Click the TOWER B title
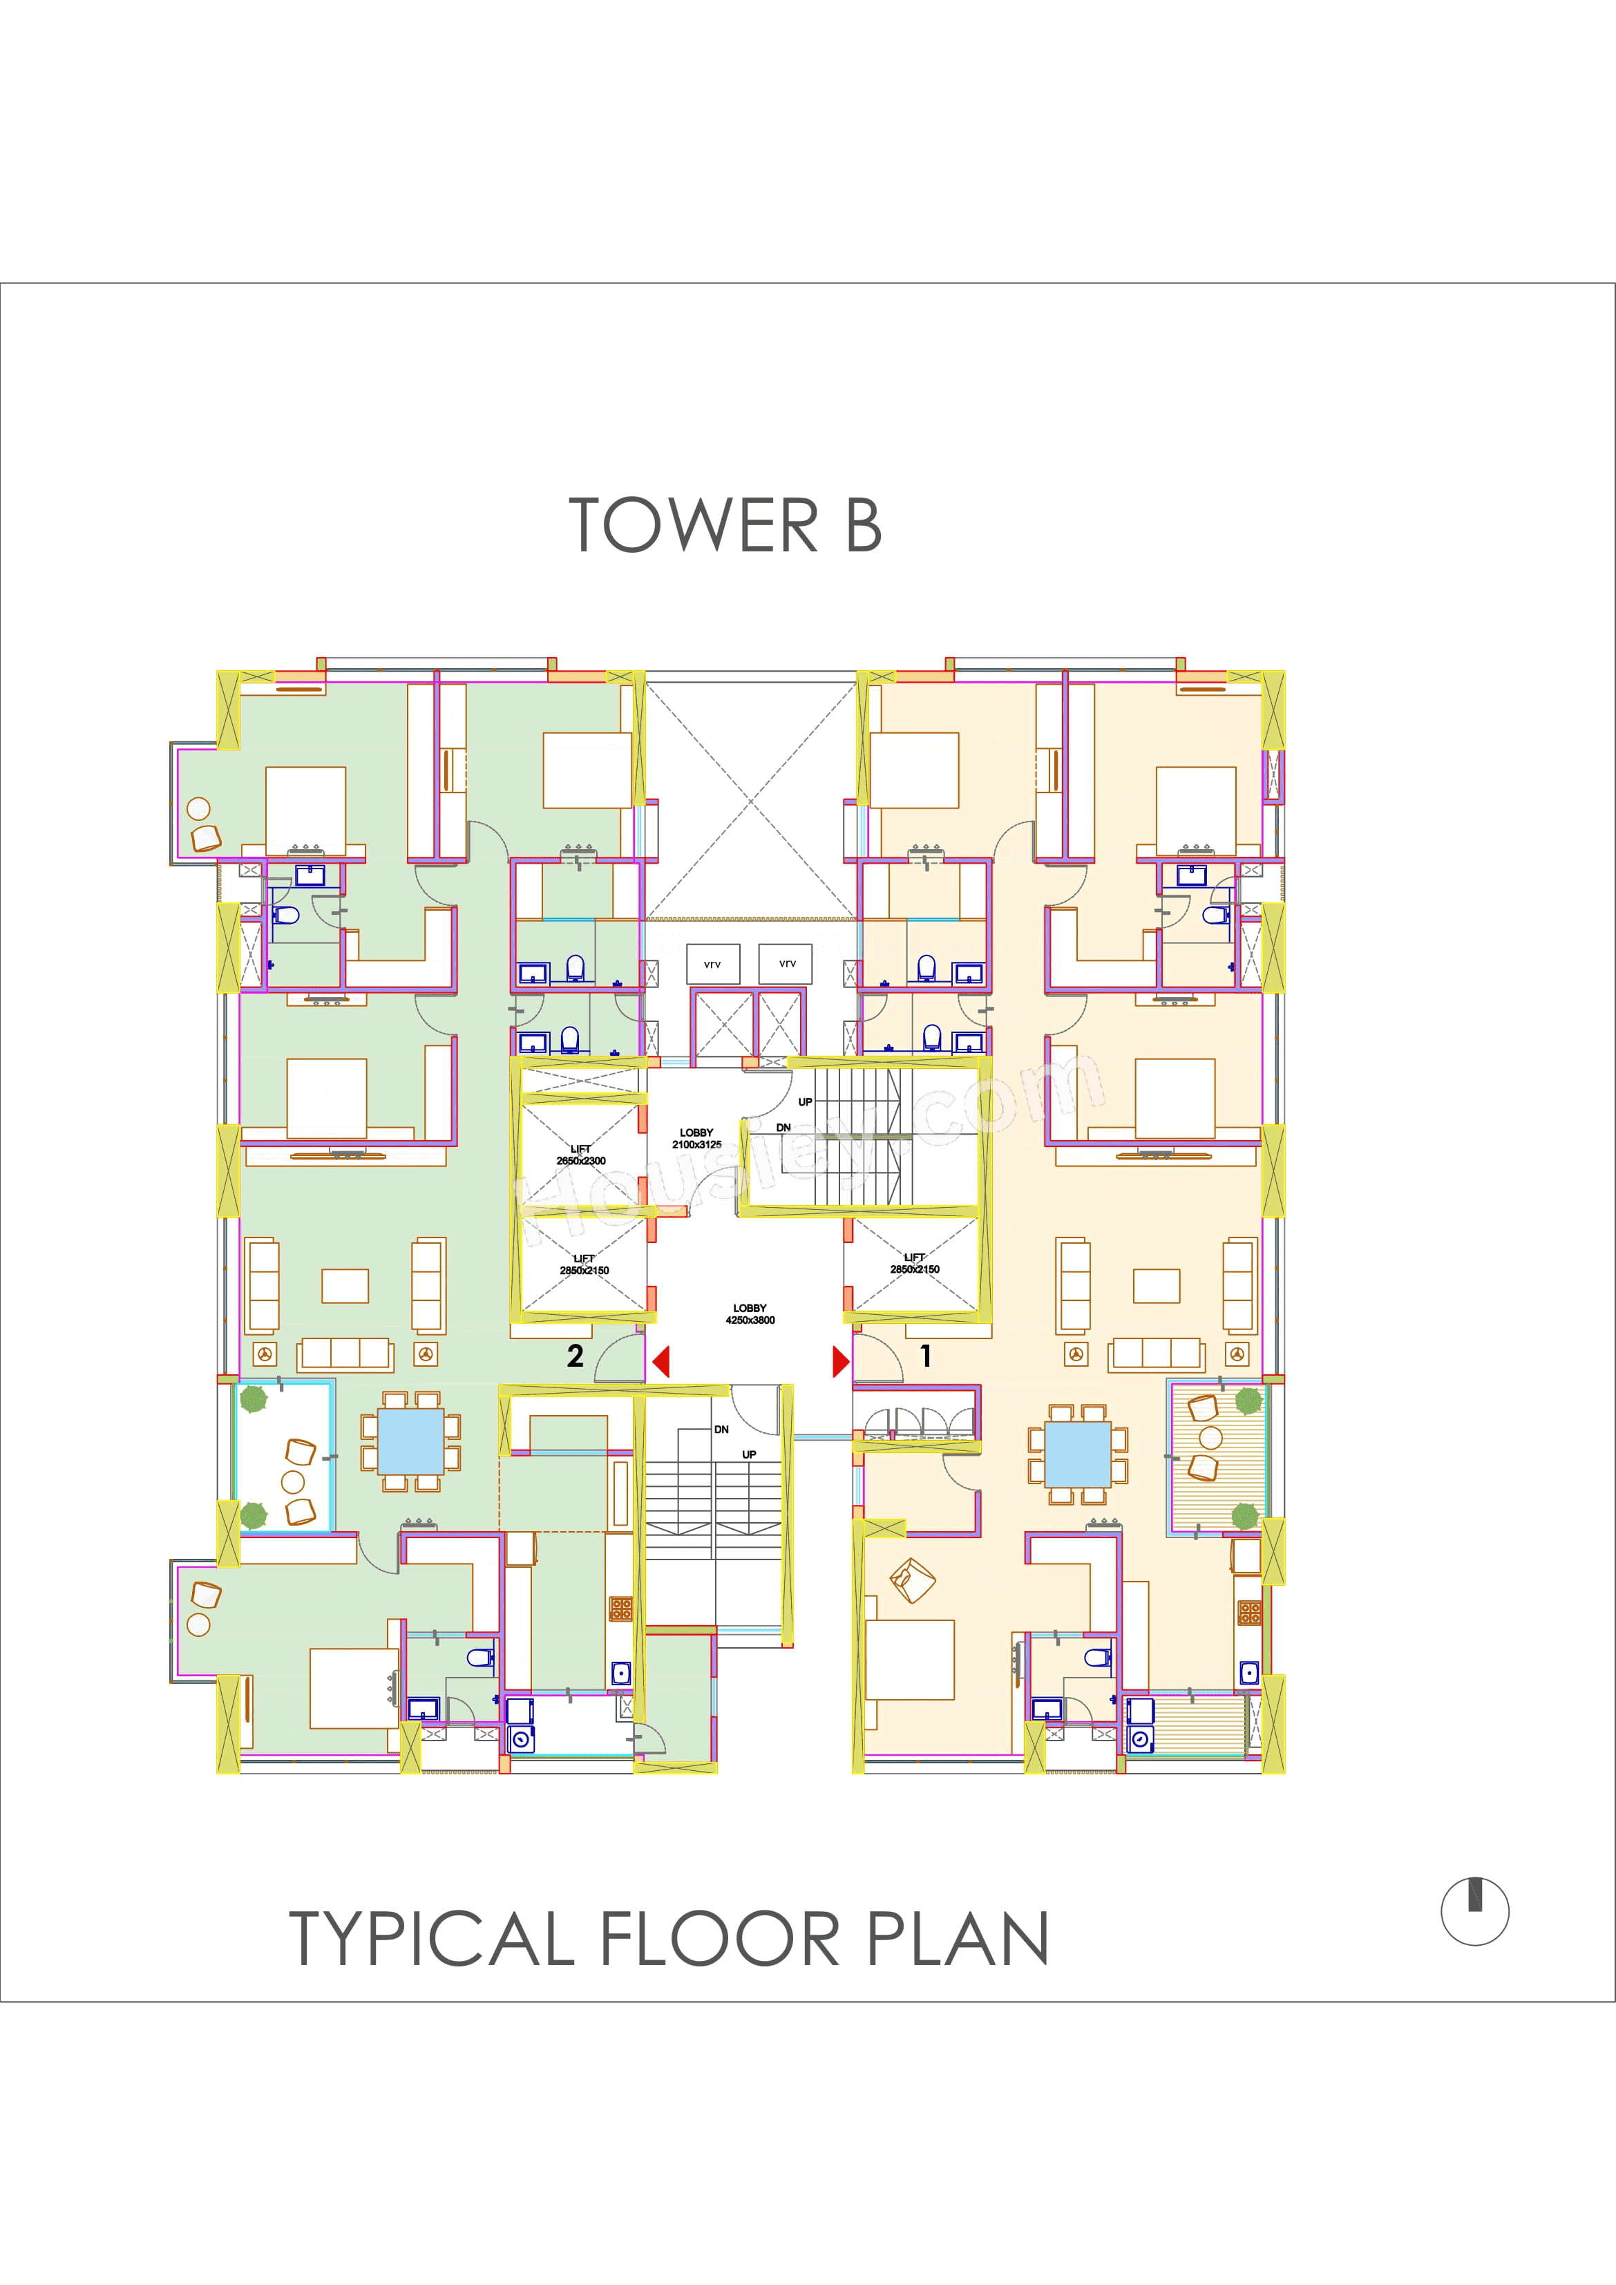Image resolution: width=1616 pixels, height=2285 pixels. pyautogui.click(x=725, y=525)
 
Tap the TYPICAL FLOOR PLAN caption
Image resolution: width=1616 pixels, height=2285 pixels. pyautogui.click(x=669, y=1939)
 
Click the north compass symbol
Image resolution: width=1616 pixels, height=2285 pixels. pyautogui.click(x=1474, y=1911)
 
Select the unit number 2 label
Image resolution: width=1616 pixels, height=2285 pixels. pyautogui.click(x=575, y=1356)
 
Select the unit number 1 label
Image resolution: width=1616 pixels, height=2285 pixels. pyautogui.click(x=925, y=1356)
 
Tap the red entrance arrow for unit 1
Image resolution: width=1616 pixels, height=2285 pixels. pyautogui.click(x=841, y=1361)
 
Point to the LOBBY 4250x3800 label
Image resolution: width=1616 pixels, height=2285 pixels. pyautogui.click(x=750, y=1314)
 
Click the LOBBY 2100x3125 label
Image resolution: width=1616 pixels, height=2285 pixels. pyautogui.click(x=696, y=1139)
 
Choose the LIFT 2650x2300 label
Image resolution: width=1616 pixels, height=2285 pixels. pyautogui.click(x=581, y=1155)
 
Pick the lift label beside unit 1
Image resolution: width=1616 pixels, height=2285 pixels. pyautogui.click(x=915, y=1263)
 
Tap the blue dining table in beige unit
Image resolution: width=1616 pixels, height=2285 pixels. pyautogui.click(x=1078, y=1453)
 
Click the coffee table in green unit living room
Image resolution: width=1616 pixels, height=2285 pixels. pyautogui.click(x=345, y=1286)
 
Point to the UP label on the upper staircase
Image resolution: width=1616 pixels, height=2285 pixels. pyautogui.click(x=805, y=1101)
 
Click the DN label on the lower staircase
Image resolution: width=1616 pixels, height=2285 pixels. pyautogui.click(x=721, y=1429)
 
